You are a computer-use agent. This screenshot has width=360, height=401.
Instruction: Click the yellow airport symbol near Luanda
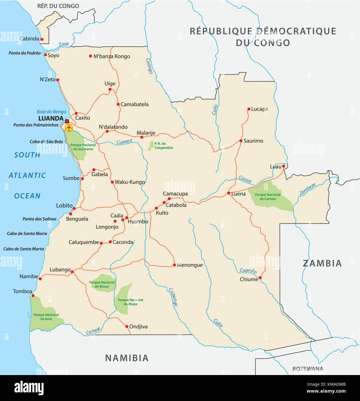(x=69, y=128)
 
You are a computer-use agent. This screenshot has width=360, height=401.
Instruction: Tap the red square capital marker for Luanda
(x=67, y=121)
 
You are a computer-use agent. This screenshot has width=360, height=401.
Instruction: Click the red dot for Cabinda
(x=42, y=39)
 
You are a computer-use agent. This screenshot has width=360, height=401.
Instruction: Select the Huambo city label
(x=138, y=222)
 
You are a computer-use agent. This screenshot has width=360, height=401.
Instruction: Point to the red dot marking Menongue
(x=174, y=265)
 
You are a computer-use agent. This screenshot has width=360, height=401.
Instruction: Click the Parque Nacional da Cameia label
(x=268, y=197)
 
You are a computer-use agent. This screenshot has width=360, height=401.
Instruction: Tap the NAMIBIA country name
(x=127, y=358)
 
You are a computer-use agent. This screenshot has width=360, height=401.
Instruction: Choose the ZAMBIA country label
(x=322, y=263)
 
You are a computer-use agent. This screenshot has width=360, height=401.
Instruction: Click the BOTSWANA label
(x=308, y=369)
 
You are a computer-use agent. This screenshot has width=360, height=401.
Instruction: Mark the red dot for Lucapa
(x=249, y=109)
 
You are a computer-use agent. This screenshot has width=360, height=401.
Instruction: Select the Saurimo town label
(x=253, y=141)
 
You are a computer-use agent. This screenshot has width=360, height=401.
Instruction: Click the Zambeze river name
(x=308, y=189)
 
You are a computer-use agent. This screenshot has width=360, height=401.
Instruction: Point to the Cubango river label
(x=173, y=297)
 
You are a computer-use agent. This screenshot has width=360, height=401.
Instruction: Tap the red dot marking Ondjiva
(x=127, y=327)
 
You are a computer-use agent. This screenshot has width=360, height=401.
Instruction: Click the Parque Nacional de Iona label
(x=46, y=316)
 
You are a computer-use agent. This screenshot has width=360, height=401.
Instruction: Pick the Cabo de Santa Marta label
(x=24, y=249)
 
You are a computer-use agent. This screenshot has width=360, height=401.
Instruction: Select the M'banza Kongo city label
(x=112, y=56)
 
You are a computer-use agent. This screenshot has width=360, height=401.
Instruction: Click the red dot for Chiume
(x=260, y=278)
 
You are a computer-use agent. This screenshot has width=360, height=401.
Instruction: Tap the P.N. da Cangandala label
(x=164, y=145)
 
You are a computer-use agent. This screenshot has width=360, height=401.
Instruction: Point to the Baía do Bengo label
(x=51, y=112)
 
